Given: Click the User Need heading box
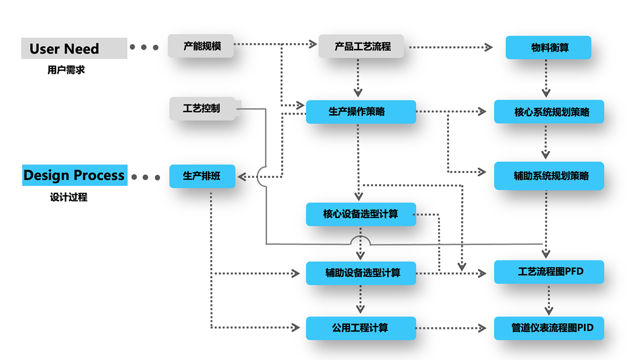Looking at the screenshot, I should click(74, 48).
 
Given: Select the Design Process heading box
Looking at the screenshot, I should click(74, 175).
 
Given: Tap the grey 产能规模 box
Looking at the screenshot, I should click(201, 46).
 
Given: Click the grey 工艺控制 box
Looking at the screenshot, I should click(202, 108).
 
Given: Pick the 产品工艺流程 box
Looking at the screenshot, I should click(361, 46).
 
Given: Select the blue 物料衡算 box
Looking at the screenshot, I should click(548, 47).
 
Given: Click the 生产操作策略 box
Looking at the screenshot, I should click(360, 112).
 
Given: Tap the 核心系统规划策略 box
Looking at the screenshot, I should click(549, 112).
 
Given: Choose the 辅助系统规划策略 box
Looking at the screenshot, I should click(549, 176).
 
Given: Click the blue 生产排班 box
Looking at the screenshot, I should click(202, 176).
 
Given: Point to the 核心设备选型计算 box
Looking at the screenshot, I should click(360, 214).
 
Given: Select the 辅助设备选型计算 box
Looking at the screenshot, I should click(360, 273).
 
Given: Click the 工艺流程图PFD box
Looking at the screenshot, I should click(549, 272).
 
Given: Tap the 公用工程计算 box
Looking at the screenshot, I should click(360, 328).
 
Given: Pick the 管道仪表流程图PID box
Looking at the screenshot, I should click(549, 328).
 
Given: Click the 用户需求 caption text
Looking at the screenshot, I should click(66, 70).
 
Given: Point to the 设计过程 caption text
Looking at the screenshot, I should click(68, 197).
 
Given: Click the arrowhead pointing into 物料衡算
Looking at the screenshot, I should click(488, 47).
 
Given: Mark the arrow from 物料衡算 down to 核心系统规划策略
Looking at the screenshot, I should click(546, 77).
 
